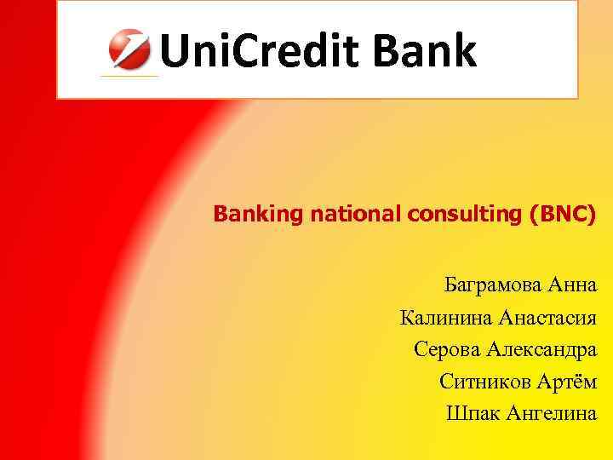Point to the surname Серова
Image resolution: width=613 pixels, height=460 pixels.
pyautogui.click(x=447, y=349)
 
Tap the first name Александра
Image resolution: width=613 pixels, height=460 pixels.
pyautogui.click(x=541, y=349)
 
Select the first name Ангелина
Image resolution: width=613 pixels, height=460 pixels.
pyautogui.click(x=551, y=413)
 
